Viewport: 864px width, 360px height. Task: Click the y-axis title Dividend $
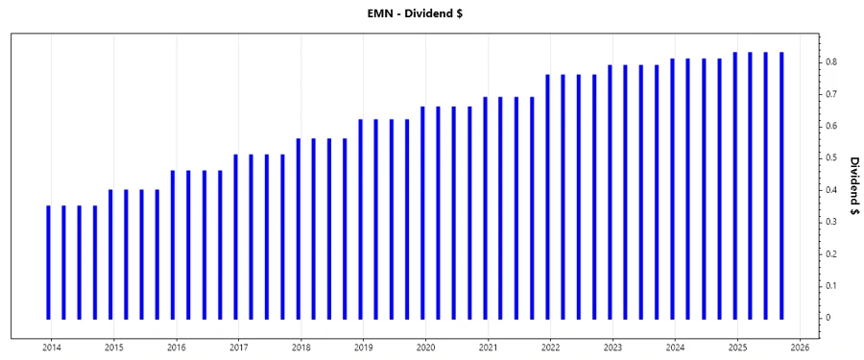(853, 189)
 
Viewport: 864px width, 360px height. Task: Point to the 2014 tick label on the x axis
(52, 348)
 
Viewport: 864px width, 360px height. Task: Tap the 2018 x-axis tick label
(301, 348)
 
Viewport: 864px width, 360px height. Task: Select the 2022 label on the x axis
(551, 348)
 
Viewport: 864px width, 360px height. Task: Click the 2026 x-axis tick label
(801, 348)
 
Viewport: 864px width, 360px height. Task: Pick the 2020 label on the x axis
(426, 348)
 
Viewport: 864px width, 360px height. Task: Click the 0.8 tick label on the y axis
(830, 62)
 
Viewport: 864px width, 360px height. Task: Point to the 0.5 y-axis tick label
(830, 158)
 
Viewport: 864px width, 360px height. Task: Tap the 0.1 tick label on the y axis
(830, 286)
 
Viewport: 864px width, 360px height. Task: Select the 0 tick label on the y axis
(828, 318)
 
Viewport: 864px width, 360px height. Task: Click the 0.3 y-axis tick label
(830, 222)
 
